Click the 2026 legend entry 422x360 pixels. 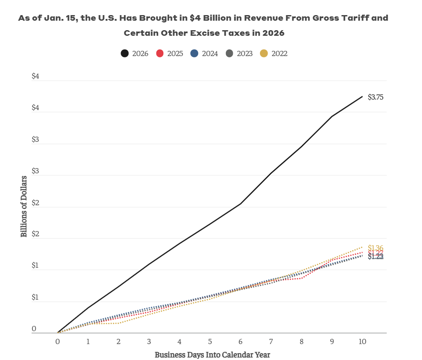[x=134, y=53]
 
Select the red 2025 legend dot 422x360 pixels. [x=160, y=53]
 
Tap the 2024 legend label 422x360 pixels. [x=210, y=53]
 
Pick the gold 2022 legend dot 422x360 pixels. [x=264, y=53]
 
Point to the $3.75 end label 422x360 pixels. [x=375, y=97]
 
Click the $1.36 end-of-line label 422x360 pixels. [x=375, y=247]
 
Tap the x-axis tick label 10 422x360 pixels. [x=363, y=341]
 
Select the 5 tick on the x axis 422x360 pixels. [x=210, y=341]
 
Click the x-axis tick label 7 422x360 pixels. [x=271, y=341]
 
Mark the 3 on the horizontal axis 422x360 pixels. [x=149, y=341]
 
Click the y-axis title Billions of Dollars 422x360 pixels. [x=24, y=206]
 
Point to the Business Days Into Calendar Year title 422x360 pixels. [x=213, y=355]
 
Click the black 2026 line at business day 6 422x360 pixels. [x=241, y=203]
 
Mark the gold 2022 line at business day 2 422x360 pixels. [x=119, y=323]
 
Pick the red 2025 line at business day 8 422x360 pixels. [x=301, y=278]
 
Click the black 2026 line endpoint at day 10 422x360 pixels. [x=363, y=96]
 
